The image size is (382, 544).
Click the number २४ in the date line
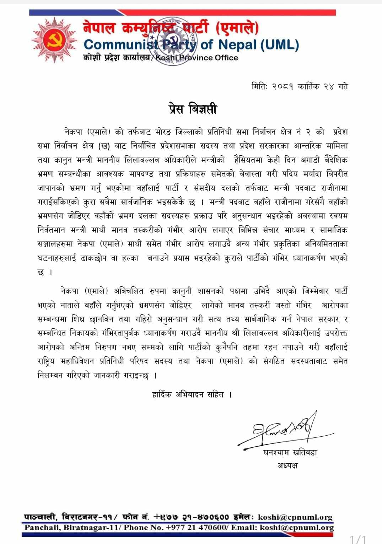329,86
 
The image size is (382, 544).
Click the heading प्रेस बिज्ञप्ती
192,109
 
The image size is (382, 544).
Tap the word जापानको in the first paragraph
51,188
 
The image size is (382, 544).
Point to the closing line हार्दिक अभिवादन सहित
192,394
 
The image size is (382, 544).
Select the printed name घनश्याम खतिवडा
290,452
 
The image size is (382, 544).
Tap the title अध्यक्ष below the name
287,465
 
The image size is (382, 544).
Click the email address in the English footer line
296,528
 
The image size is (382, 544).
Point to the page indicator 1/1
357,539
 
